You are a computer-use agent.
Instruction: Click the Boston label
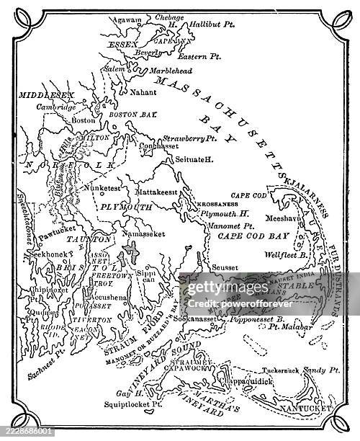[x=84, y=120]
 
